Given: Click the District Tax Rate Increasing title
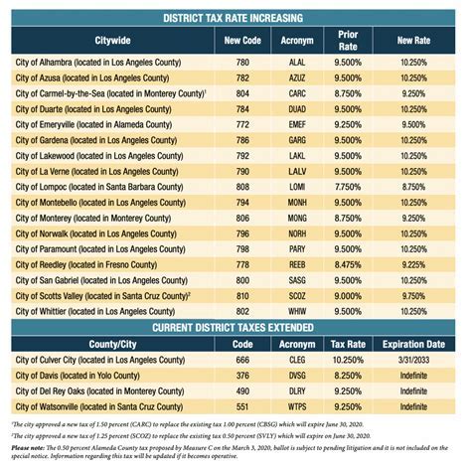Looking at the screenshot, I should point(235,18).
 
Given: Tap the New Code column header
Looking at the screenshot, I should point(243,41).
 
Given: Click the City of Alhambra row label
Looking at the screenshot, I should point(99,62).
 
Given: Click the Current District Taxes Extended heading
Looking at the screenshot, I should point(235,328).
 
